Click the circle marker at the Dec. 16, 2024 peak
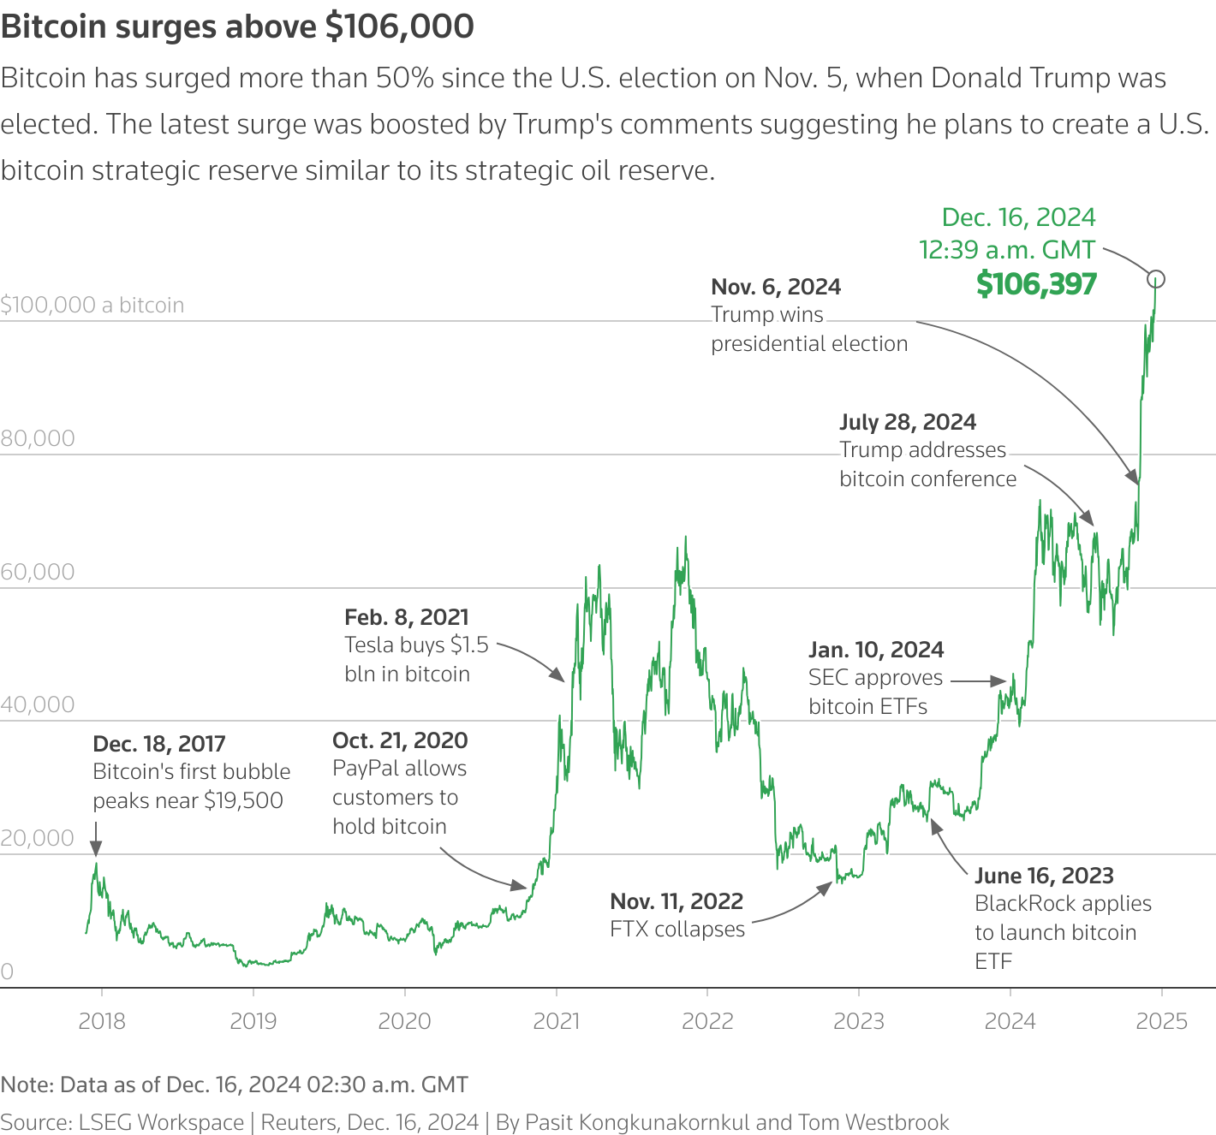(1156, 279)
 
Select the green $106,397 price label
(1036, 284)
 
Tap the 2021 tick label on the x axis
(556, 1021)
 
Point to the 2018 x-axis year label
(101, 1021)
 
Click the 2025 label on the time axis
(1161, 1021)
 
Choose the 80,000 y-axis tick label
(38, 438)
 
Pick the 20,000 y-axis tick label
(38, 838)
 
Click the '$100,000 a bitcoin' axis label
(92, 306)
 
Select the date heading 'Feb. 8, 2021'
(407, 617)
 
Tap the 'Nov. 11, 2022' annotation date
(677, 901)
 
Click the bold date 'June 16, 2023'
(1044, 876)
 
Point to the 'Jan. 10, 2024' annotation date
(876, 650)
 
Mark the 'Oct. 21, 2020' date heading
(400, 740)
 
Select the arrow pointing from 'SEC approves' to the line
(978, 681)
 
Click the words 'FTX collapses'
(677, 930)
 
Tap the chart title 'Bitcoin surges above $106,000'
(237, 27)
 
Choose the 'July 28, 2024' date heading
(908, 422)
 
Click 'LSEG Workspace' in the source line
(161, 1122)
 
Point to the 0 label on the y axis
(7, 972)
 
